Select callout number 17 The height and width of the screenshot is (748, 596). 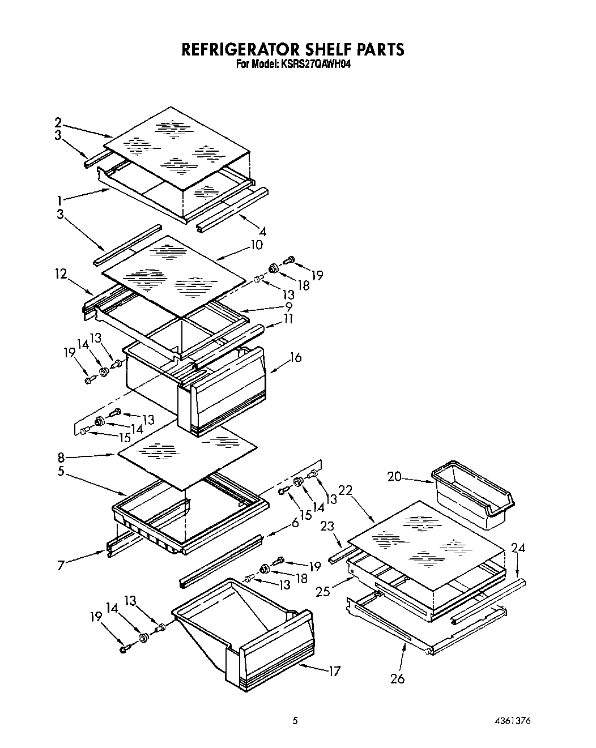[334, 672]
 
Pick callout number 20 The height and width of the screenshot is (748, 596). [394, 477]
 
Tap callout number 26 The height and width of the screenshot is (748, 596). [398, 678]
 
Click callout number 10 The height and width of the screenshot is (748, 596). [257, 245]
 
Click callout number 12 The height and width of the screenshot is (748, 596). [61, 275]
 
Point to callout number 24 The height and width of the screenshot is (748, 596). [517, 548]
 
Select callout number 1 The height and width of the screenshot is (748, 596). [59, 200]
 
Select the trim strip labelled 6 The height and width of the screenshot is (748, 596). [221, 561]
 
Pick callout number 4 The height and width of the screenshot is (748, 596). [262, 232]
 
